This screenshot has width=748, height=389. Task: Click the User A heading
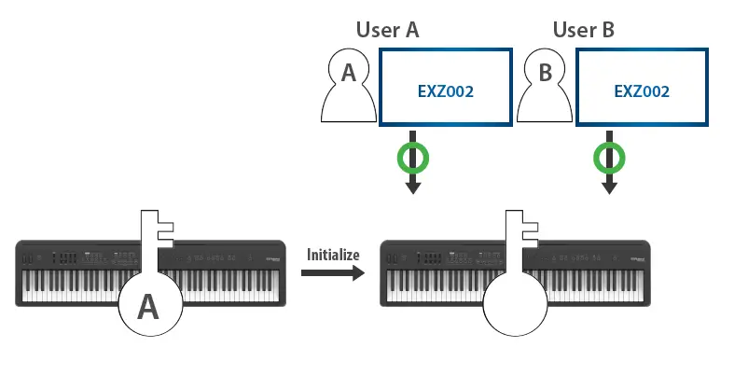coord(388,29)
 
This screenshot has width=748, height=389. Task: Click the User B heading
coord(584,29)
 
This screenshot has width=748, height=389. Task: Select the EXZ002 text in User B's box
coord(643,91)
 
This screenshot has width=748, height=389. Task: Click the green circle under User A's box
coord(413,158)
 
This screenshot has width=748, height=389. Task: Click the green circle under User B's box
coord(609,158)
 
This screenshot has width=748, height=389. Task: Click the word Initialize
coord(333,254)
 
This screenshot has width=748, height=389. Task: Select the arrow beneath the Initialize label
coord(332,273)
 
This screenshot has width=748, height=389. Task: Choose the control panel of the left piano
coord(84,257)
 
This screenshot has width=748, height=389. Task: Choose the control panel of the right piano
coord(448,257)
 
